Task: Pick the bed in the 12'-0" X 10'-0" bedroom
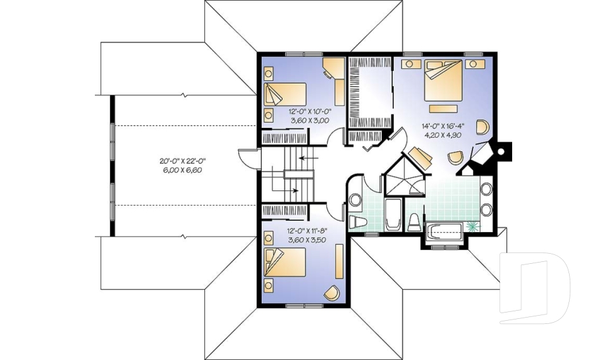(x=285, y=96)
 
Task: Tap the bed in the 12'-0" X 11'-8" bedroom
(x=285, y=262)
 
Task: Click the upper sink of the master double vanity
(x=486, y=189)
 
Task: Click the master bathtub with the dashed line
(x=445, y=232)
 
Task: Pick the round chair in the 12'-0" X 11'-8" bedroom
(x=331, y=292)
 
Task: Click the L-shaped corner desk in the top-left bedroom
(x=335, y=79)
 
